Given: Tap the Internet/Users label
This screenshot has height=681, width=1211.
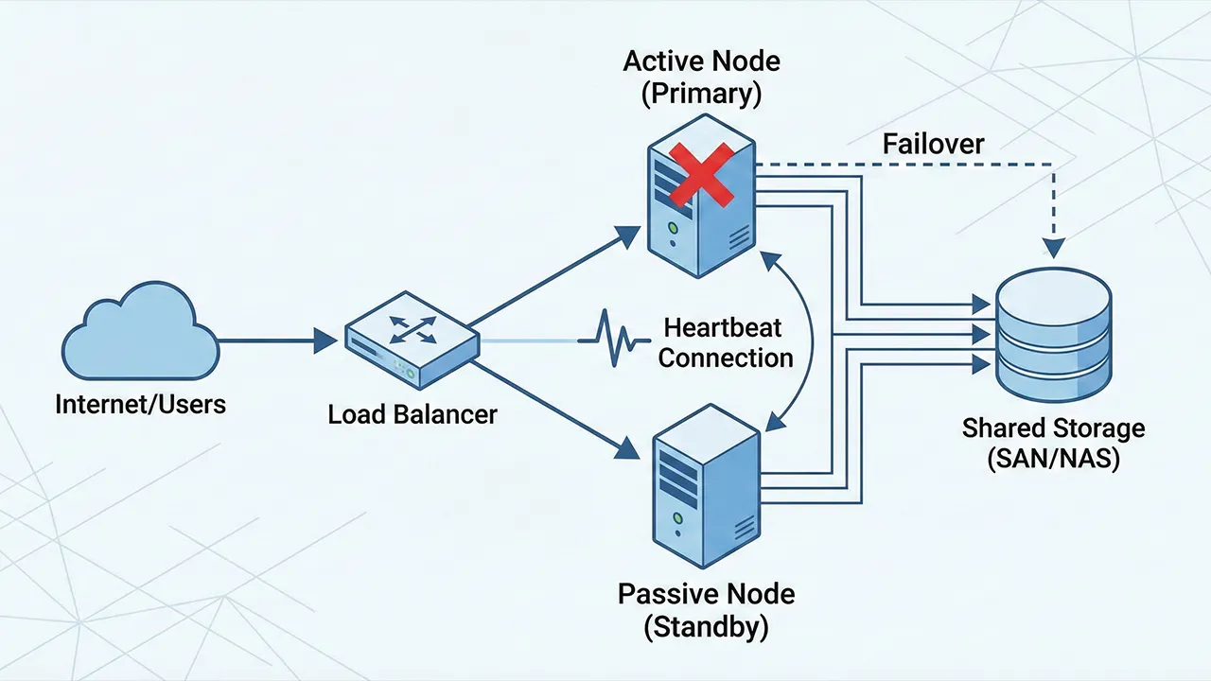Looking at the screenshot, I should pos(141,405).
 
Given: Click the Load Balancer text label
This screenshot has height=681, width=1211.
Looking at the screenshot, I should pos(412,414).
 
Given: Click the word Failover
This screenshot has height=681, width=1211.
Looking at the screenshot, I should pos(933,144).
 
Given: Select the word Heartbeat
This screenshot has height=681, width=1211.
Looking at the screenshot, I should pos(723,328).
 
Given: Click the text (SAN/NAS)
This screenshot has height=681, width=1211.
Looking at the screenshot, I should pos(1053,461).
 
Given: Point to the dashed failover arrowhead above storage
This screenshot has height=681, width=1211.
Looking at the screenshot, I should pos(1052,249).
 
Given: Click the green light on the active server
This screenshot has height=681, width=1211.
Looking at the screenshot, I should pos(672,228).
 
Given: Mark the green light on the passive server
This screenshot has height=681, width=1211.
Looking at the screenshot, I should pos(677,518).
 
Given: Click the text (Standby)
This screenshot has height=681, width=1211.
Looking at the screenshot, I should pos(706,626).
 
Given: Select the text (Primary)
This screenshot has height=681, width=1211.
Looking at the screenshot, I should pos(702,95).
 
